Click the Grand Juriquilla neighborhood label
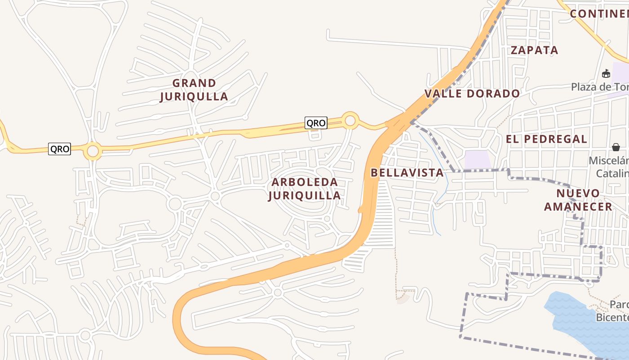click(x=194, y=90)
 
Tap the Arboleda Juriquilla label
click(x=305, y=189)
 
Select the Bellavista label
click(x=407, y=173)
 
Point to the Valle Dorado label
click(x=472, y=94)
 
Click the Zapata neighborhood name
click(x=535, y=50)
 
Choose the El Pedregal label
click(x=546, y=139)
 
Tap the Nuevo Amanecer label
click(x=578, y=200)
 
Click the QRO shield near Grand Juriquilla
click(x=316, y=123)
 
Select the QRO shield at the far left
click(x=59, y=149)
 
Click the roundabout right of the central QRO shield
click(x=350, y=121)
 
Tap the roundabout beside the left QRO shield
click(x=93, y=151)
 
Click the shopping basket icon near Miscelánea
click(x=616, y=147)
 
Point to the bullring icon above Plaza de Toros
click(x=606, y=73)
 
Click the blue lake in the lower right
click(x=580, y=319)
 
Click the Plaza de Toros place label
click(x=600, y=86)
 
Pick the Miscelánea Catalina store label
click(x=609, y=167)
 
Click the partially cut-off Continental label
click(x=599, y=13)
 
